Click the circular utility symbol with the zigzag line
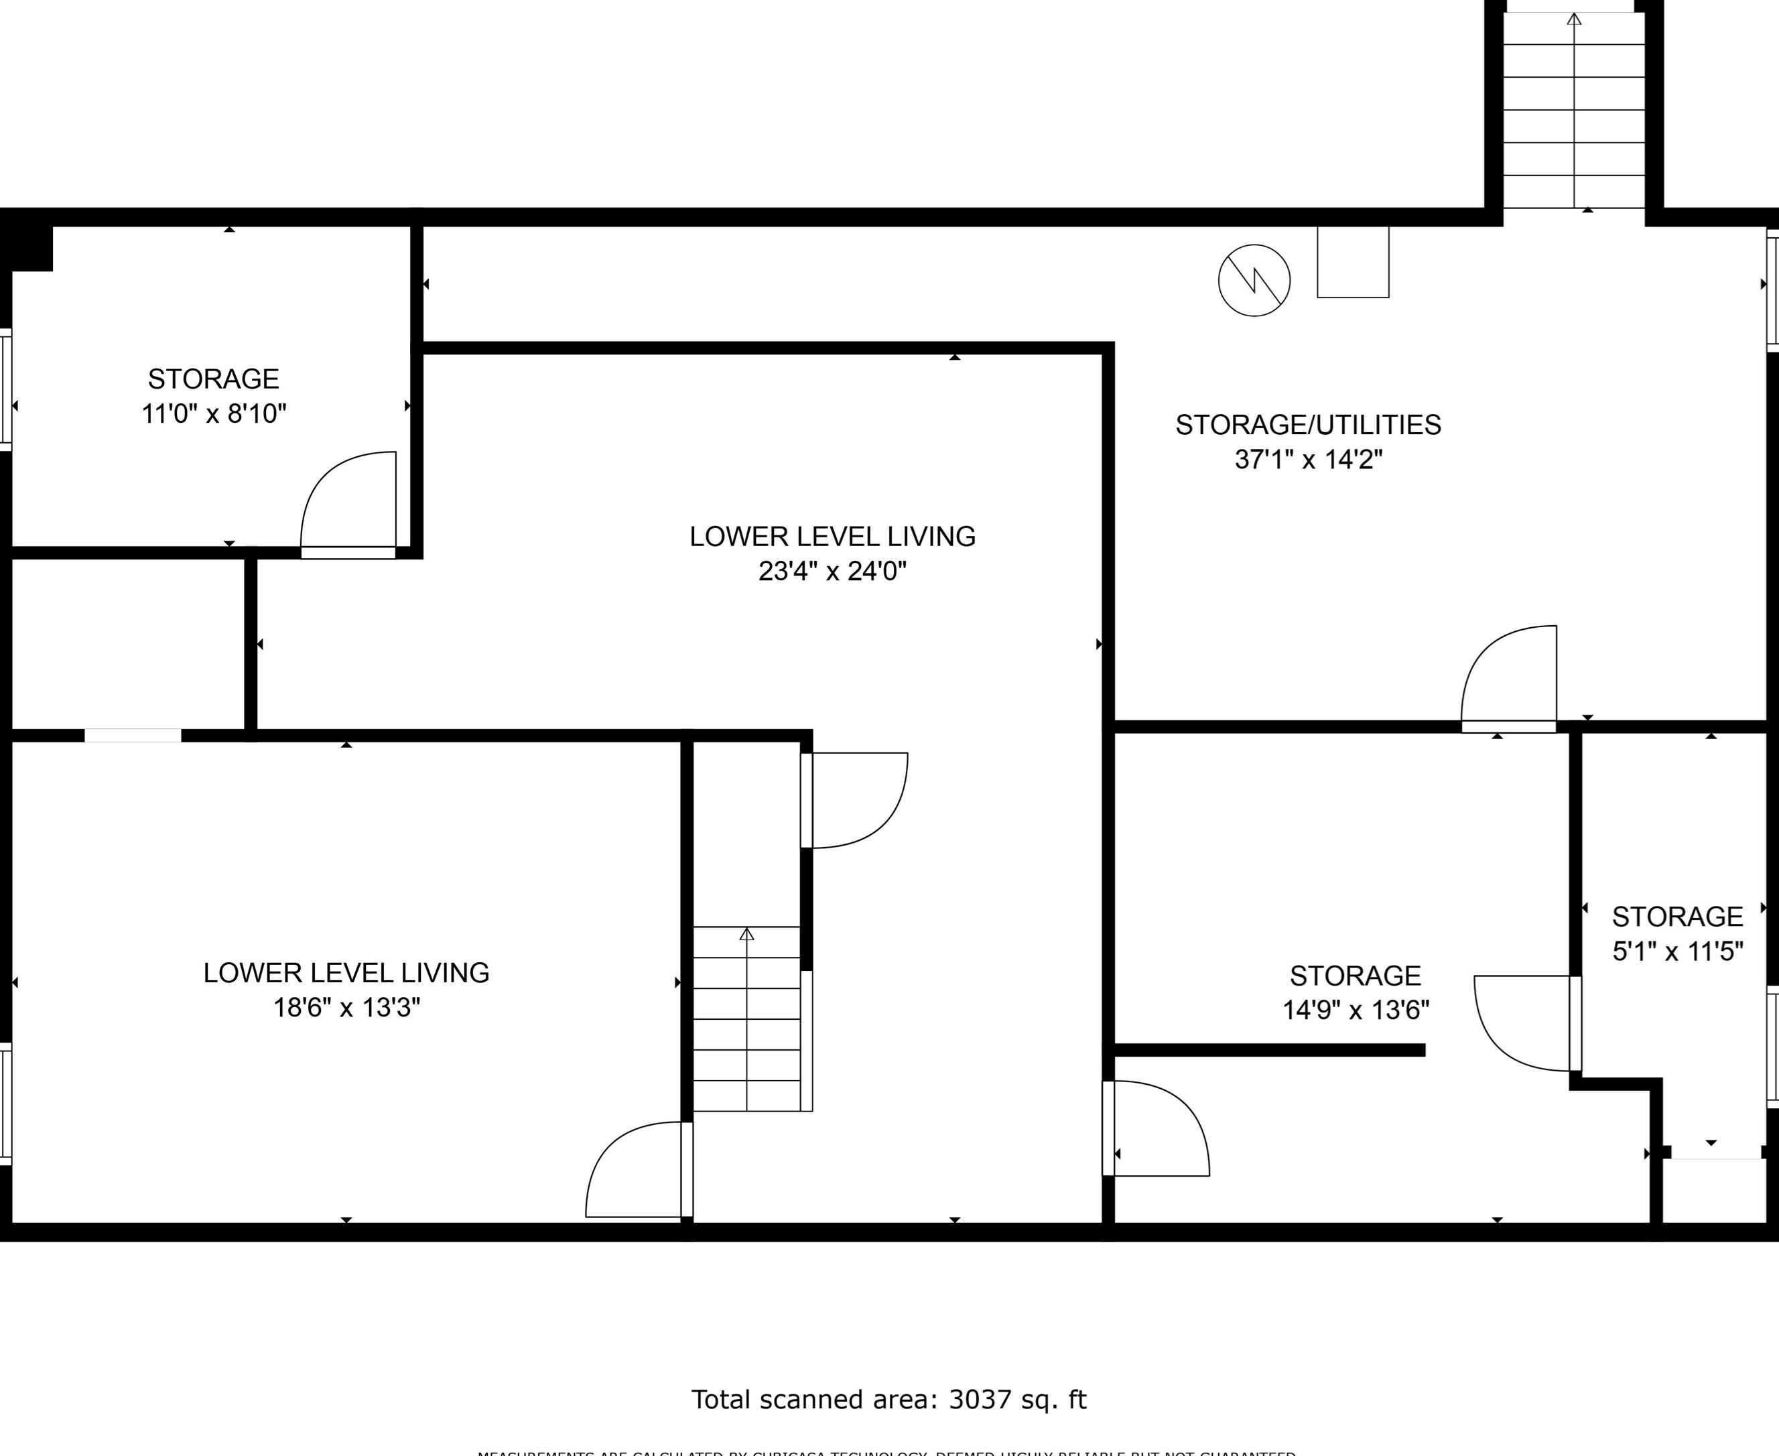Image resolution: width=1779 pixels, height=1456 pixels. [x=1254, y=280]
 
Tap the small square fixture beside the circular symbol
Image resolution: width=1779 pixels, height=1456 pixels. [x=1353, y=262]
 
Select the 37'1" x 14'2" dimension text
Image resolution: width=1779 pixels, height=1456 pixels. [x=1308, y=460]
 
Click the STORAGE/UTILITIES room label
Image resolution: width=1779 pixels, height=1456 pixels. [x=1308, y=425]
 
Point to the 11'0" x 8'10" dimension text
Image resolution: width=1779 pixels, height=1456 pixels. [x=214, y=413]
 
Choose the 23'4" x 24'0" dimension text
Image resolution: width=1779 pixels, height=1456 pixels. [x=832, y=571]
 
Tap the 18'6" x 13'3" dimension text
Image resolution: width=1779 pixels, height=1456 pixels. [x=346, y=1007]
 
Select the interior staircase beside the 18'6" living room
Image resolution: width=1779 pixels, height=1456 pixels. [x=746, y=1018]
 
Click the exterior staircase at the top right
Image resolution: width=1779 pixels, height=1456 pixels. [x=1573, y=109]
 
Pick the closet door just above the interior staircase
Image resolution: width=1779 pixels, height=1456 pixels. [x=856, y=800]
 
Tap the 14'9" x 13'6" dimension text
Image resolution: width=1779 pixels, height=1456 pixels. [x=1356, y=1010]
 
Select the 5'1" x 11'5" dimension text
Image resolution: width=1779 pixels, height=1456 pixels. [x=1678, y=951]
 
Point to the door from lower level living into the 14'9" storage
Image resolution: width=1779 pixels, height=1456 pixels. [x=1157, y=1129]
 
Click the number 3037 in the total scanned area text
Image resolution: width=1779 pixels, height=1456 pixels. [x=976, y=1399]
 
